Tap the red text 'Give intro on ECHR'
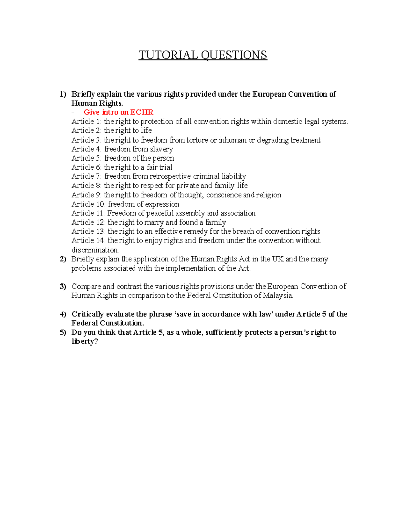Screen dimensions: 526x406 (x=118, y=112)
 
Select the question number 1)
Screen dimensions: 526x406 (x=63, y=94)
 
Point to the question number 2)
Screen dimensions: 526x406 (x=63, y=259)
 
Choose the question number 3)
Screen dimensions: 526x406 (x=63, y=287)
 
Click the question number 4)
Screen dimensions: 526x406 (x=63, y=314)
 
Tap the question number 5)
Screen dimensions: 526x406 (x=63, y=333)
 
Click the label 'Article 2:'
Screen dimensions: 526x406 (x=87, y=131)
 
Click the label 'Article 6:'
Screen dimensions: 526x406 (x=87, y=167)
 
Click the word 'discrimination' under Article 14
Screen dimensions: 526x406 (x=95, y=250)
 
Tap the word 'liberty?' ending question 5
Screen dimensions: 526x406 (x=85, y=342)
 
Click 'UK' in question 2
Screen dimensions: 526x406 (x=278, y=259)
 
